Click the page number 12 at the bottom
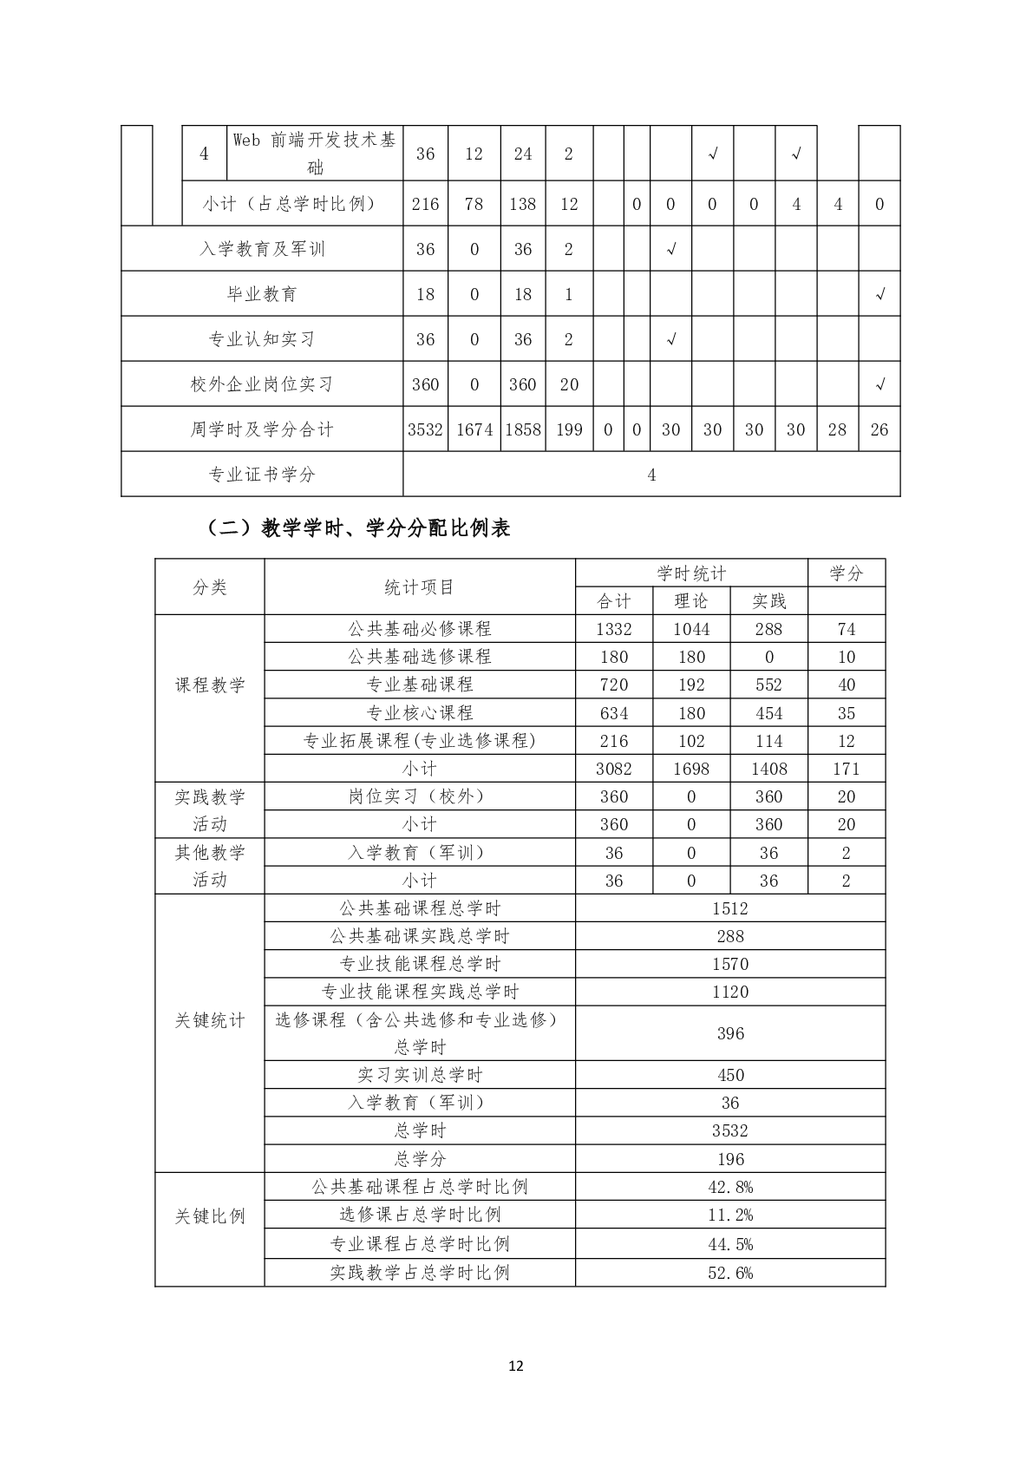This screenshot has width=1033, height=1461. [x=516, y=1366]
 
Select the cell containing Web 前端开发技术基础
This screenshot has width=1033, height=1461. [x=314, y=153]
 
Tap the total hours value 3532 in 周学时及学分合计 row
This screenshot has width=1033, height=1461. [x=425, y=429]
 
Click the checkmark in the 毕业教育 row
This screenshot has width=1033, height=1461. [x=879, y=294]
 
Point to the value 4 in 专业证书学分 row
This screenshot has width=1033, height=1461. [x=651, y=475]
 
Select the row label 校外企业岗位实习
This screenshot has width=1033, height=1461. [x=262, y=384]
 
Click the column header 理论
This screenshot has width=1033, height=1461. [x=691, y=601]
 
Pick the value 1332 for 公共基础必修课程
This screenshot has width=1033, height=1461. [x=614, y=629]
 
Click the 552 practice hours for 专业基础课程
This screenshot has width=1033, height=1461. [x=768, y=685]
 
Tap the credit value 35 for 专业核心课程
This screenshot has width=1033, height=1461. [x=847, y=713]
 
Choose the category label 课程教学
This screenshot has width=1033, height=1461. [x=210, y=685]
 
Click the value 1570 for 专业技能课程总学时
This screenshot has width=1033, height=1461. [x=730, y=964]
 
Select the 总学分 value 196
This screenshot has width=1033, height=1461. [x=730, y=1159]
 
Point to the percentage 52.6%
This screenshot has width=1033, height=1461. [x=730, y=1273]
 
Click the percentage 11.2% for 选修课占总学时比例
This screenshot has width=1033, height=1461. [x=730, y=1215]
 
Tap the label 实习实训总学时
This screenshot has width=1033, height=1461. [x=420, y=1075]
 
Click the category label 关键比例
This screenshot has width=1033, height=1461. [x=210, y=1216]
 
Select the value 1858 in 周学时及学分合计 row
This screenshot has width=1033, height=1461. [x=523, y=429]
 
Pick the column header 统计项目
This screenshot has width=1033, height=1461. [x=420, y=587]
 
